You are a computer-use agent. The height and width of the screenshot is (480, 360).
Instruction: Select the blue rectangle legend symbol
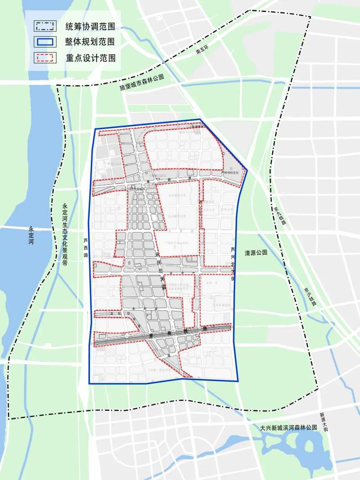click(x=45, y=41)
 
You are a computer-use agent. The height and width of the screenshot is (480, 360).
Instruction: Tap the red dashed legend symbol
click(x=45, y=58)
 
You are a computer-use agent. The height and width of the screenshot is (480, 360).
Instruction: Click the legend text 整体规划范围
click(x=90, y=42)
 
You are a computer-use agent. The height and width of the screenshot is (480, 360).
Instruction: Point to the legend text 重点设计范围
click(x=90, y=58)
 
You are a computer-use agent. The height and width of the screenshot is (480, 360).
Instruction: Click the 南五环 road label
click(x=203, y=52)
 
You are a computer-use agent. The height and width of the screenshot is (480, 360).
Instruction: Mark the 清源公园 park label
click(x=256, y=253)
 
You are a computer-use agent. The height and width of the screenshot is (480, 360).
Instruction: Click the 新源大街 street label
click(x=322, y=422)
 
